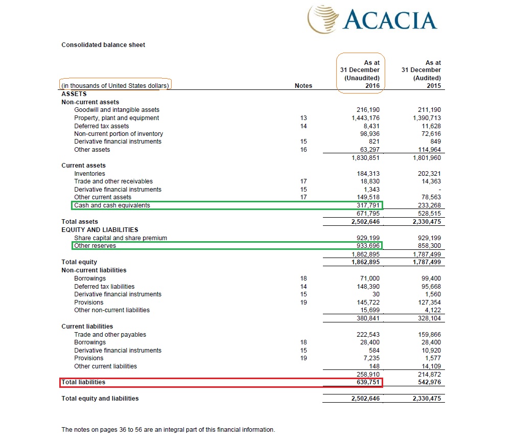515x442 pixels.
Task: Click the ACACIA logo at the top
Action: pos(372,19)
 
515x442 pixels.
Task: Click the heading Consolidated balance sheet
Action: pos(103,45)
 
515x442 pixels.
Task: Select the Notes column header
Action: pos(303,86)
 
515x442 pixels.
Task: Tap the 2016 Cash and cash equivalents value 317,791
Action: pos(368,205)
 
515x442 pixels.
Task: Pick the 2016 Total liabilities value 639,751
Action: pos(368,382)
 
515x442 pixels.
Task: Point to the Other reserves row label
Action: pos(95,246)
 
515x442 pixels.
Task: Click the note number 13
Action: pos(303,118)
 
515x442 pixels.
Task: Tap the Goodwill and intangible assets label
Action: pos(116,110)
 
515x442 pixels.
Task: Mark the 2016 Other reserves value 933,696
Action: pos(368,246)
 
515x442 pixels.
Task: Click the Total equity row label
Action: pos(79,262)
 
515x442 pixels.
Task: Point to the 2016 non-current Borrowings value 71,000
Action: pos(370,278)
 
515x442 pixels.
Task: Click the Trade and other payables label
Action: pos(110,335)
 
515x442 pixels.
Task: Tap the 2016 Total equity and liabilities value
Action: pos(366,399)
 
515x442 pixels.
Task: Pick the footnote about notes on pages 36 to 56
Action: pos(168,430)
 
